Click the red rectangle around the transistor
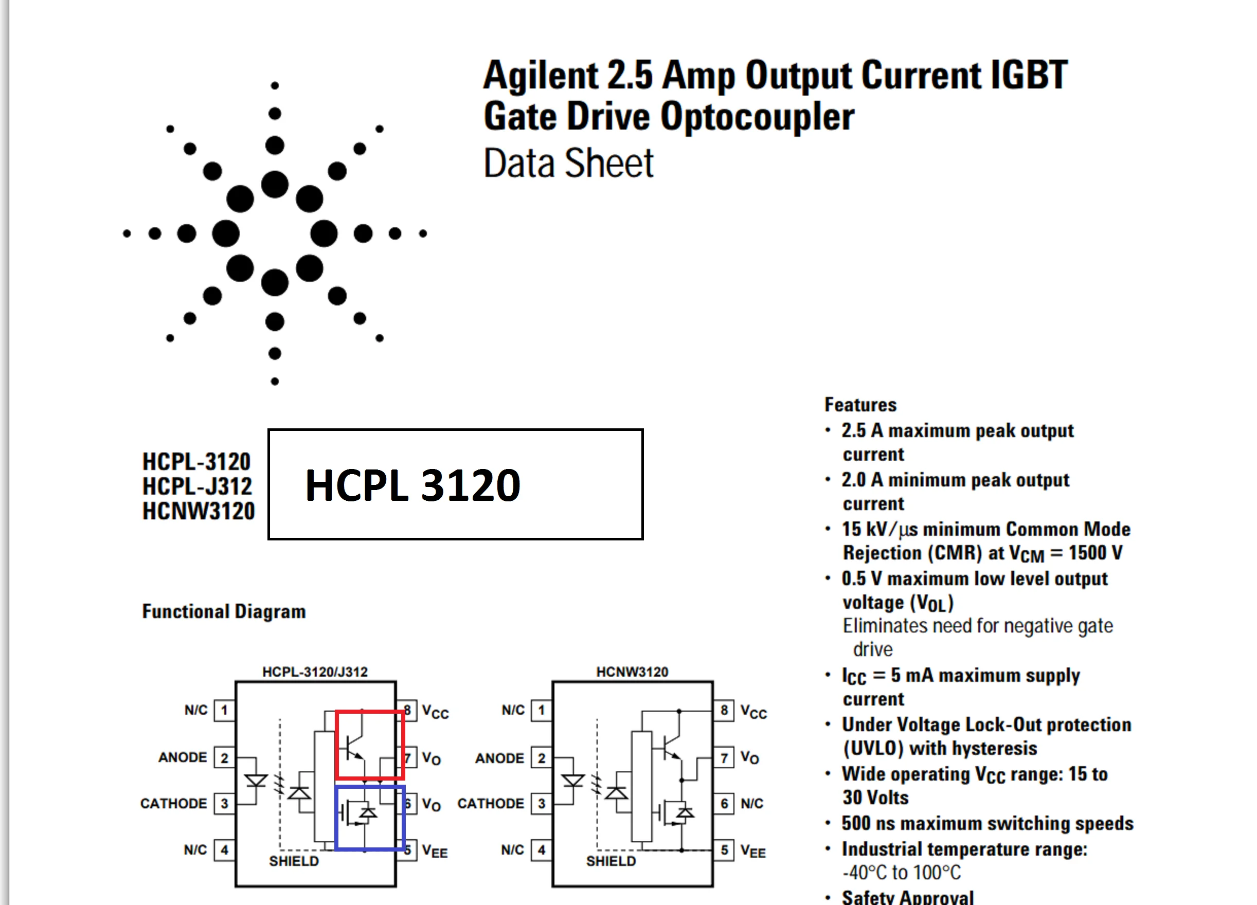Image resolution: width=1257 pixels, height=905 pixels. [370, 744]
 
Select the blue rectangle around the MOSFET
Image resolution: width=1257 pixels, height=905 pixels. [370, 818]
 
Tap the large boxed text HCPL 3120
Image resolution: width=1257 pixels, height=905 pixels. [413, 485]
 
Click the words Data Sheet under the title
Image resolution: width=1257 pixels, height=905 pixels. [569, 164]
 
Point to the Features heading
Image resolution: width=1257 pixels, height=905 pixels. [860, 405]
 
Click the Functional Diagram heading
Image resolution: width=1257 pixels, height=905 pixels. [224, 611]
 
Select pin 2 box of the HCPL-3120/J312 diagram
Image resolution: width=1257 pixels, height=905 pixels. [224, 757]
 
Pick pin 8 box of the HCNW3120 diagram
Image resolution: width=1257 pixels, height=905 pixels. [724, 710]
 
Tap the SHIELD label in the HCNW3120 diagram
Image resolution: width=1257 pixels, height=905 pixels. [611, 861]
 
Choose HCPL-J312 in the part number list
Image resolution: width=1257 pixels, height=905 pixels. [197, 486]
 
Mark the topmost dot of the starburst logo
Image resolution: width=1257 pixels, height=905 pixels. [275, 85]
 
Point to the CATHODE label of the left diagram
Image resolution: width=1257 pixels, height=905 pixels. [173, 804]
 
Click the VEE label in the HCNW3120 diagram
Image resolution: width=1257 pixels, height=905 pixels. [753, 850]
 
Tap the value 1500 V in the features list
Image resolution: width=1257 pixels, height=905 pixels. [1095, 553]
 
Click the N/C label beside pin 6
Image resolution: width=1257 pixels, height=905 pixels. [752, 804]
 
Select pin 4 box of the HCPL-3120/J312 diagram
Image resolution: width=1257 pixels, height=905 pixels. [224, 849]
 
